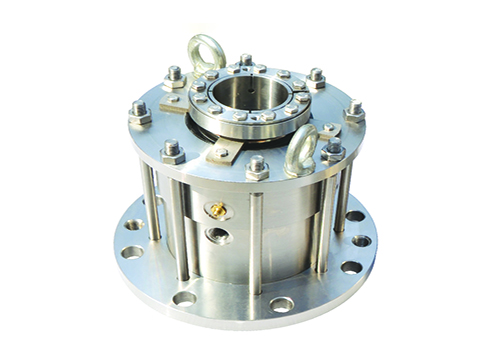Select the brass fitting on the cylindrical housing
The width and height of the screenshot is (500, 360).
[x=215, y=211]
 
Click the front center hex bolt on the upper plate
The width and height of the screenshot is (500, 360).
[x=258, y=167]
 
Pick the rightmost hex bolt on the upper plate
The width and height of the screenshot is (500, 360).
[x=355, y=111]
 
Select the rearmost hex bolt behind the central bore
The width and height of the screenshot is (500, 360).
[x=246, y=63]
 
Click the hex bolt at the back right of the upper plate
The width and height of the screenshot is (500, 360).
[x=317, y=78]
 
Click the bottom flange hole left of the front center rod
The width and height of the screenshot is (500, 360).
[x=184, y=297]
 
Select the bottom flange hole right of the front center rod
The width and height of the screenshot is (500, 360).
[x=282, y=303]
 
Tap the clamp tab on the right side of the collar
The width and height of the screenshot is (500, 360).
[x=327, y=130]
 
